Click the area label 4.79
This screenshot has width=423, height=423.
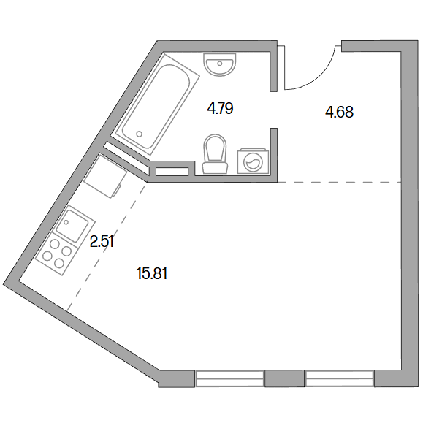pyautogui.click(x=220, y=109)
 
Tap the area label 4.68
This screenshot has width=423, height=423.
pyautogui.click(x=340, y=112)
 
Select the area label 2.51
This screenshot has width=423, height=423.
pyautogui.click(x=102, y=241)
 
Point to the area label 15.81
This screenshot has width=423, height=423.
pyautogui.click(x=152, y=273)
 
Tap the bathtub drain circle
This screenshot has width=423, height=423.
pyautogui.click(x=140, y=134)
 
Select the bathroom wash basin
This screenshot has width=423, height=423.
pyautogui.click(x=220, y=64)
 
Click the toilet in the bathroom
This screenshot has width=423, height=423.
pyautogui.click(x=215, y=154)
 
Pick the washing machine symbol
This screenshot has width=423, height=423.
pyautogui.click(x=253, y=161)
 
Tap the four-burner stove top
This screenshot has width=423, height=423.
pyautogui.click(x=57, y=254)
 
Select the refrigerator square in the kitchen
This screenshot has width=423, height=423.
pyautogui.click(x=105, y=176)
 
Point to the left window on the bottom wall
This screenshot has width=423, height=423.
pyautogui.click(x=229, y=378)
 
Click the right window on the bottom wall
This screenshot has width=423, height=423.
pyautogui.click(x=340, y=378)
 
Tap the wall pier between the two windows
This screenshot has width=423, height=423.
pyautogui.click(x=285, y=378)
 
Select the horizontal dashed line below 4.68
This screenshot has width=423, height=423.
pyautogui.click(x=340, y=183)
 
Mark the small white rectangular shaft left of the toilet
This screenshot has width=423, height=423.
pyautogui.click(x=172, y=172)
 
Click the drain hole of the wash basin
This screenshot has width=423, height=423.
pyautogui.click(x=220, y=64)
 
